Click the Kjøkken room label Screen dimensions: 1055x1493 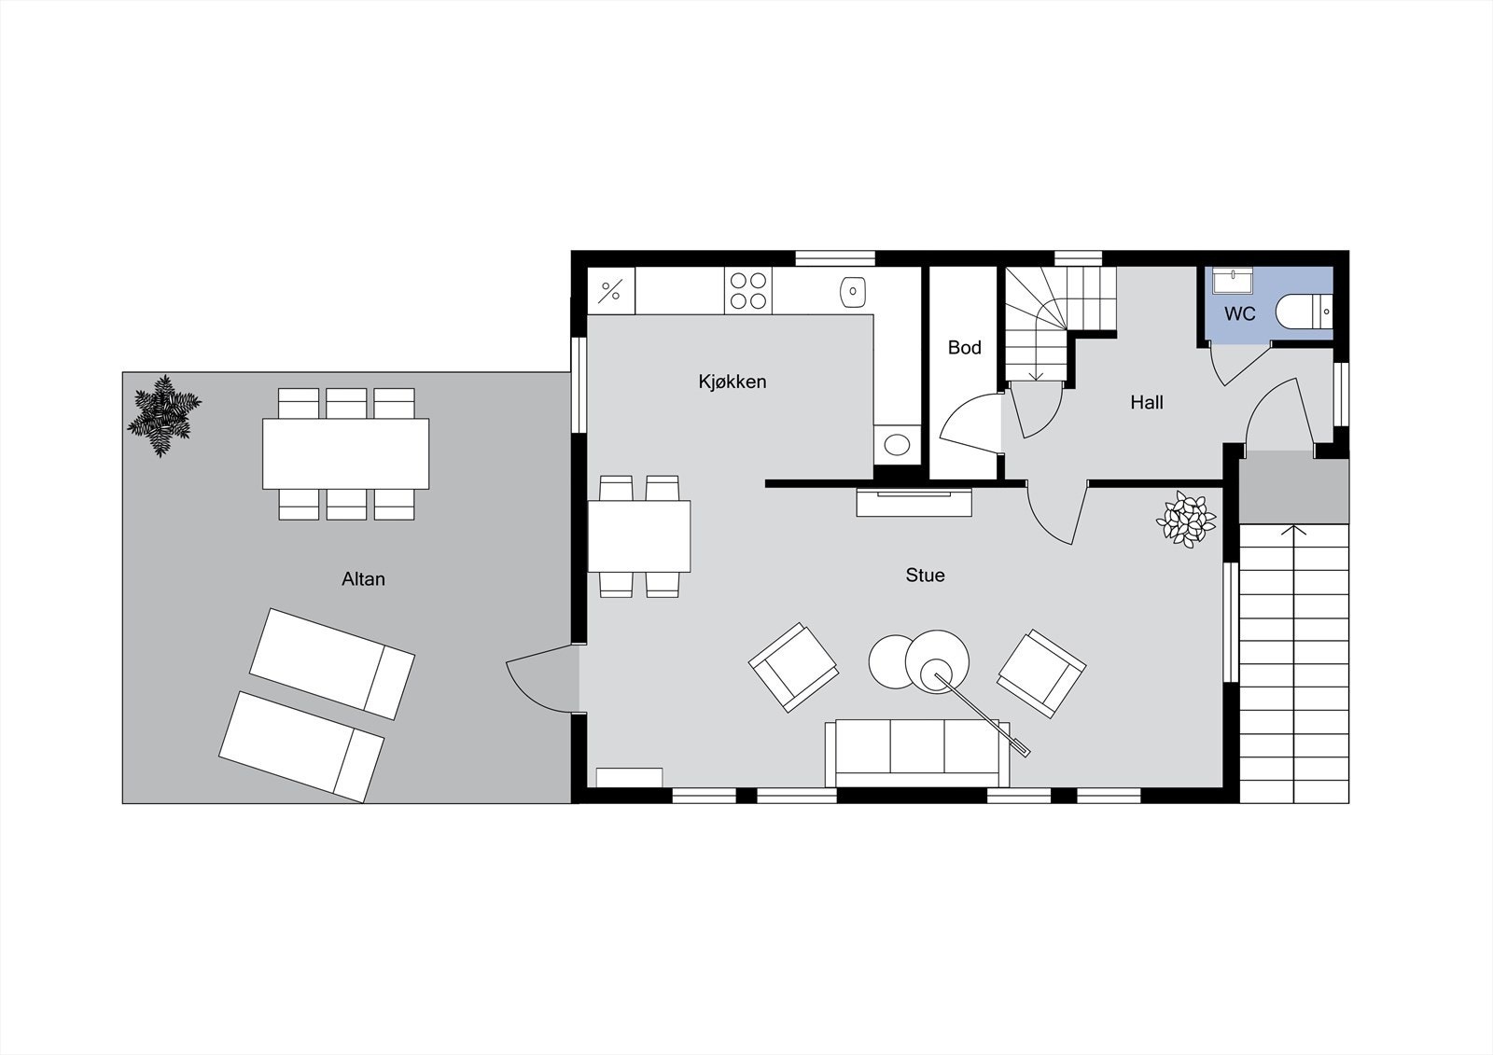click(733, 382)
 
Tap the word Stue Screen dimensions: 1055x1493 click(925, 576)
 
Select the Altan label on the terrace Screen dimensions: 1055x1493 click(363, 579)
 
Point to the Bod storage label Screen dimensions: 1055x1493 click(964, 348)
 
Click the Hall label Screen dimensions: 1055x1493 click(1146, 403)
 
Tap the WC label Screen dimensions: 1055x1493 click(1239, 314)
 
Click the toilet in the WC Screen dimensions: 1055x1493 click(1303, 312)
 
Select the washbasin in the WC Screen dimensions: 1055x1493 click(1233, 281)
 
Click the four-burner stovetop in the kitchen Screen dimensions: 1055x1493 click(748, 290)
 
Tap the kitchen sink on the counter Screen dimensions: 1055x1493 click(853, 291)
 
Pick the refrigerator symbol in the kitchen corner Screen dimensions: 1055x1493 click(610, 291)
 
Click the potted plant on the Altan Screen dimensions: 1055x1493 click(164, 416)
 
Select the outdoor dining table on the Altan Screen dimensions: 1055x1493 click(345, 453)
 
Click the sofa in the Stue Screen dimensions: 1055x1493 click(917, 751)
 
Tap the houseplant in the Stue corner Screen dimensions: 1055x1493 click(1186, 519)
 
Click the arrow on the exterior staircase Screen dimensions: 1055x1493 click(1293, 532)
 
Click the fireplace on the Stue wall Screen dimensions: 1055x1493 click(914, 502)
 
